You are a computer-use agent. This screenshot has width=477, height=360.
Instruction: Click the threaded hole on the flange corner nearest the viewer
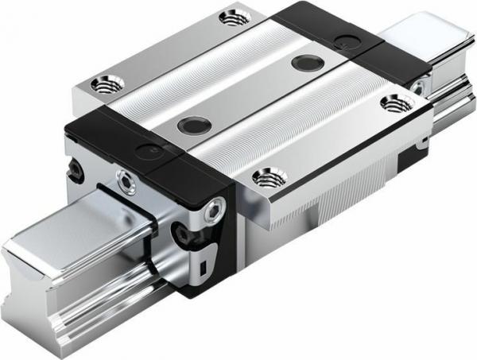pos(266,178)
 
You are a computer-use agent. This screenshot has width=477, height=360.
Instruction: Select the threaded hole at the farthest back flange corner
pos(233,15)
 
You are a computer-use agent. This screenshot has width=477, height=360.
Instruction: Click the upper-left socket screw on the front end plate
pos(126,177)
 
